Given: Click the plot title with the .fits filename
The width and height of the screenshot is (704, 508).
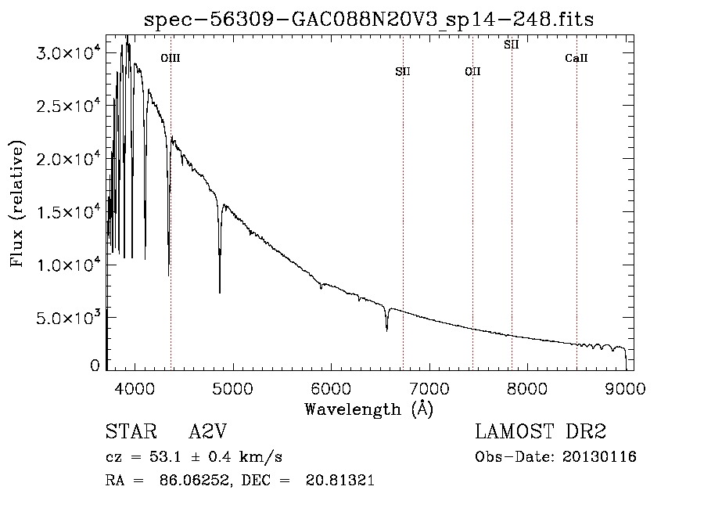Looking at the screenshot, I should (x=369, y=20).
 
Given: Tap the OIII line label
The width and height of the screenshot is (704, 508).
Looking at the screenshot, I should (x=171, y=58).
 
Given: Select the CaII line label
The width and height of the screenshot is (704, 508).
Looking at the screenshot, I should (x=576, y=58).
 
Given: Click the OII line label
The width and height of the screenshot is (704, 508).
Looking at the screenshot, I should (x=472, y=72).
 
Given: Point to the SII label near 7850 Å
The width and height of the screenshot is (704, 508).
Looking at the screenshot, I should (x=512, y=45).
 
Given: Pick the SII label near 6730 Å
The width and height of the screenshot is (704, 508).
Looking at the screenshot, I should (x=403, y=72).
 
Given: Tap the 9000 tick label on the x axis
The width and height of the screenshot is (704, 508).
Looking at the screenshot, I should (x=626, y=387).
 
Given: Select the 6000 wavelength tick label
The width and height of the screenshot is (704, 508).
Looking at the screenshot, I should (x=331, y=387).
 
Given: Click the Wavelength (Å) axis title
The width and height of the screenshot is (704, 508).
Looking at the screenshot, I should (x=368, y=409).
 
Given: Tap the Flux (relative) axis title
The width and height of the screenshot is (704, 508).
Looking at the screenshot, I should (x=17, y=204).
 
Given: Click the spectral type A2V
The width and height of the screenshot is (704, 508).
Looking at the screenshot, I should (x=207, y=432).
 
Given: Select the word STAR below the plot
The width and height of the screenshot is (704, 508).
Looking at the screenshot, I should (x=127, y=432).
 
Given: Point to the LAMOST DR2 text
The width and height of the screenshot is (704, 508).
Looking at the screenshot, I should (x=541, y=432).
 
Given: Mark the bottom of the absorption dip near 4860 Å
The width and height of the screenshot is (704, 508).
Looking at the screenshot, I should (x=219, y=292).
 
